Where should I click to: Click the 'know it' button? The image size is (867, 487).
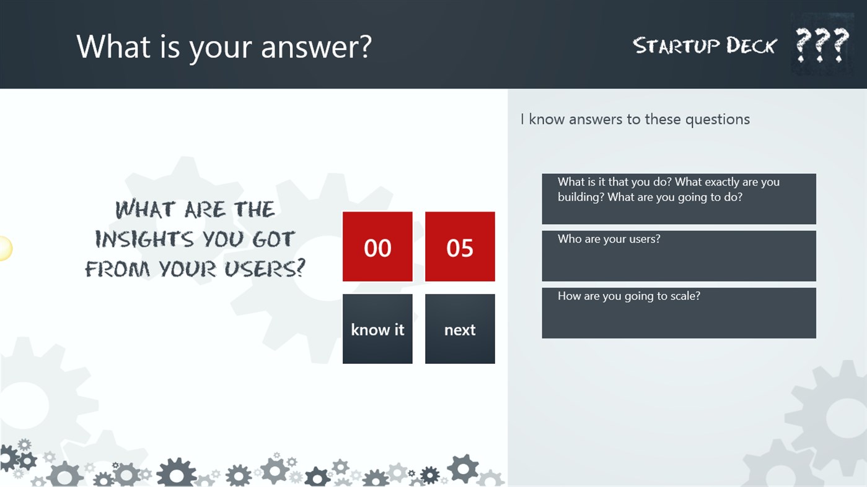pos(377,329)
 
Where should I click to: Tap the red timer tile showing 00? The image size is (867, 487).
pos(377,247)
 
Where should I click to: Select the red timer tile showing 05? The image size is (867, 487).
pos(459,247)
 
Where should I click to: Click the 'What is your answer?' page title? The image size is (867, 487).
pos(224,46)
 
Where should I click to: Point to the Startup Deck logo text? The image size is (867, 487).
pos(704,46)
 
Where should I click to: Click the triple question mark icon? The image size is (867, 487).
pos(822,45)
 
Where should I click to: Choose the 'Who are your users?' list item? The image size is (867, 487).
pos(679,256)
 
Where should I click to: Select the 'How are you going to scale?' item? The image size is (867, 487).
pos(679,312)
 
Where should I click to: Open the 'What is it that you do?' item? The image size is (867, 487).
pos(679,199)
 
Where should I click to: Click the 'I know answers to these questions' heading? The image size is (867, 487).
pos(635,119)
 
